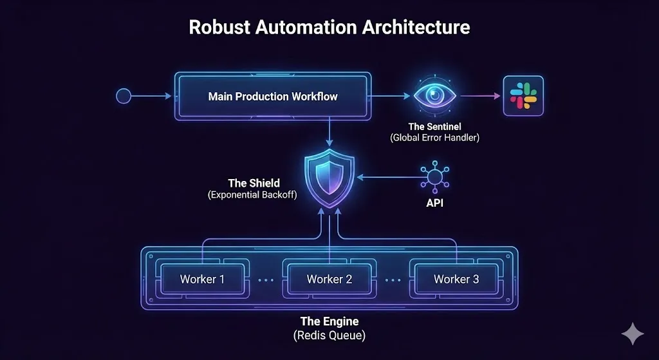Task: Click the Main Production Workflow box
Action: [x=273, y=97]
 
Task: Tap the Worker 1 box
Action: [x=203, y=279]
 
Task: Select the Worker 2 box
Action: [x=329, y=279]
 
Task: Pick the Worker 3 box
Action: [x=456, y=279]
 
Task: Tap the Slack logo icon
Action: [x=523, y=96]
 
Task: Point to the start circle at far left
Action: [x=124, y=97]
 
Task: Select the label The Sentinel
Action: [x=434, y=127]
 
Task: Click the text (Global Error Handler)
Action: [x=434, y=138]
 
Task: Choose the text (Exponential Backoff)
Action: [x=253, y=194]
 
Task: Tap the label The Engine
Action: [x=329, y=321]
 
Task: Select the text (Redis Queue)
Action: [x=329, y=335]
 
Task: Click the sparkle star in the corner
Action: [x=632, y=334]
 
